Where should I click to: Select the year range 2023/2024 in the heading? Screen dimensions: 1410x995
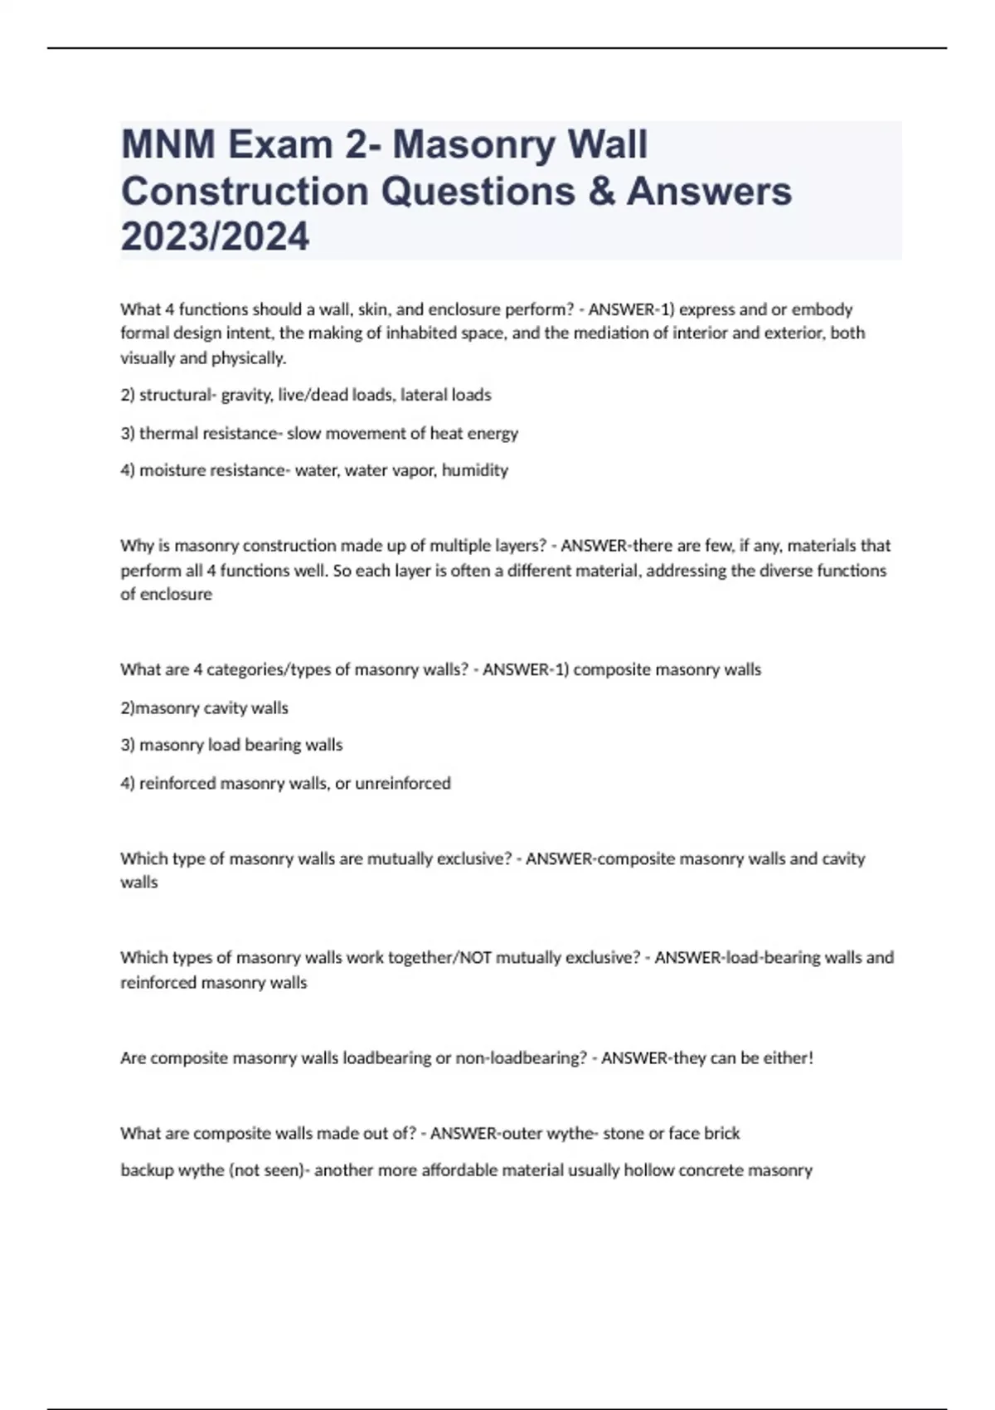click(x=215, y=236)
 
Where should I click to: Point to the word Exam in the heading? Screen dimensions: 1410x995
click(x=280, y=145)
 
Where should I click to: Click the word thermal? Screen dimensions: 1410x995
click(x=171, y=433)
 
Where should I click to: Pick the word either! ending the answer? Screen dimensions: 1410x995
click(x=788, y=1058)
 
